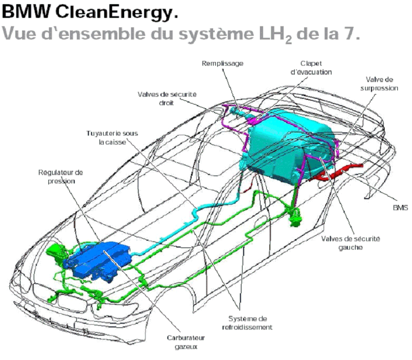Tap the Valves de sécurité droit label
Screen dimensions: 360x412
[x=167, y=98]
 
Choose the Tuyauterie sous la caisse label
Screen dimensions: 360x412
[x=112, y=137]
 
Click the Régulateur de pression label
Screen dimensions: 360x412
[x=61, y=176]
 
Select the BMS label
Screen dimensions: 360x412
[x=400, y=207]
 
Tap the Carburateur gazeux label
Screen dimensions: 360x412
[x=187, y=342]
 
